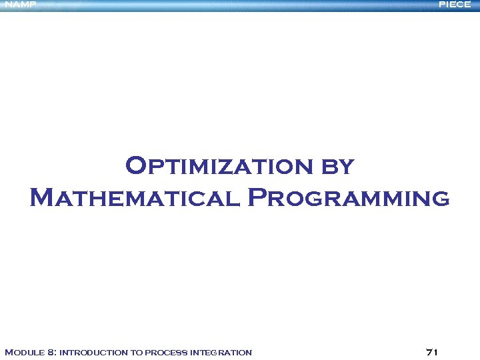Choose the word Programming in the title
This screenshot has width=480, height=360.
[x=348, y=198]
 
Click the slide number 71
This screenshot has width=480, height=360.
[x=431, y=352]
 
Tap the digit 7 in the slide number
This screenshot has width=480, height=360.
[x=428, y=352]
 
